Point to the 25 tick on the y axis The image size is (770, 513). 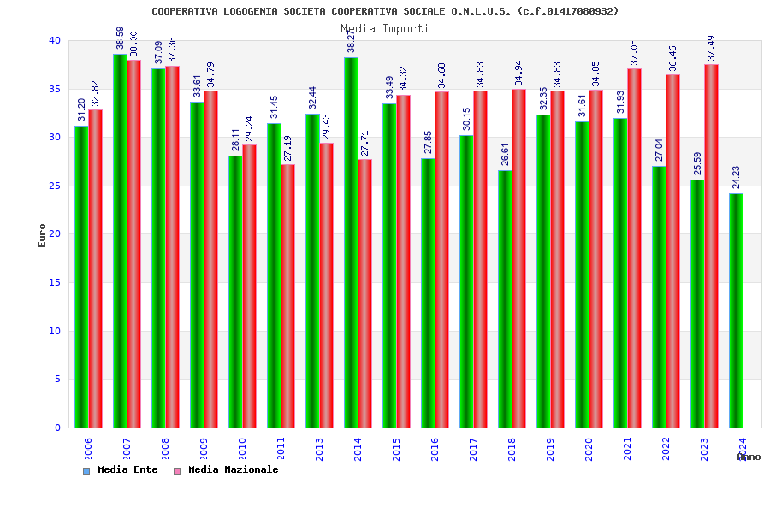point(55,186)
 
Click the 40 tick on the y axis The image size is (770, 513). point(55,40)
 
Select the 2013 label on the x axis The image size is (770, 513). point(319,450)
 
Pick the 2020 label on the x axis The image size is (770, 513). point(589,450)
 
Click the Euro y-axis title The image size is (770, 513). point(43,235)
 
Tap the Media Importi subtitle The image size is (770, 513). point(385,28)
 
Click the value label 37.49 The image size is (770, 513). point(711,48)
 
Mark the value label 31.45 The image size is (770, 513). point(274,107)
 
